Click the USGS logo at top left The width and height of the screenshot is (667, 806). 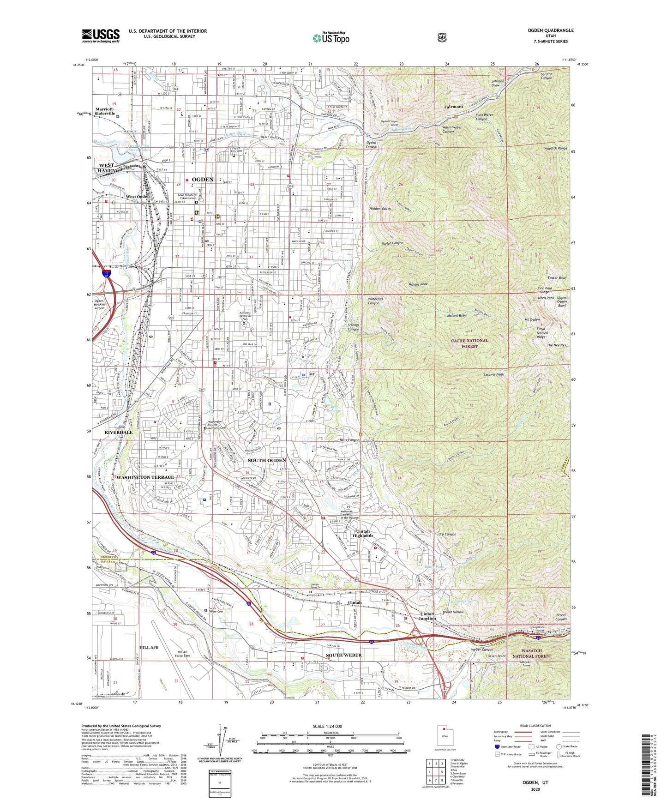[101, 35]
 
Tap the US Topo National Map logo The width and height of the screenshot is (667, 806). [330, 37]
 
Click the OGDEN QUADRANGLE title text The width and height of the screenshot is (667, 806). [551, 30]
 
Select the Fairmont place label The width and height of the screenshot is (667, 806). [453, 107]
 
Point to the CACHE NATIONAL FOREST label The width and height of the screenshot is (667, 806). [469, 343]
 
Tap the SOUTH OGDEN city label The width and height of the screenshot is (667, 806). [267, 460]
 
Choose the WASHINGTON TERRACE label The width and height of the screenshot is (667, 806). [145, 477]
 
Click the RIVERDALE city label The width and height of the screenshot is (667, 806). [119, 433]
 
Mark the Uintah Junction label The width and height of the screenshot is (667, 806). [427, 616]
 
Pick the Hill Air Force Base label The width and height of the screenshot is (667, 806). [182, 653]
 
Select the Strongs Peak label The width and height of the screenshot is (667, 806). [493, 374]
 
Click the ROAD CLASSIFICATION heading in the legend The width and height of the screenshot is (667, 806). [535, 726]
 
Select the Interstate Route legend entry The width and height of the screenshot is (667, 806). [508, 746]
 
